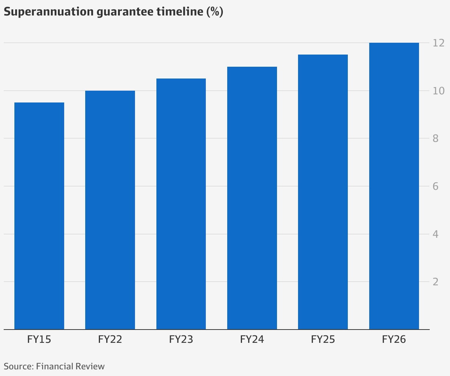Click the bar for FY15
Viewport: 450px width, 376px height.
pos(39,216)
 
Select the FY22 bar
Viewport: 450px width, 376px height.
pos(110,210)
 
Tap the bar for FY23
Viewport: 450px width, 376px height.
pos(181,204)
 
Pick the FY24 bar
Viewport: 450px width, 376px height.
pos(252,198)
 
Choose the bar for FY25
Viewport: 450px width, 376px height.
pos(323,192)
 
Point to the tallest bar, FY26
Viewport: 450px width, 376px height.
pos(394,186)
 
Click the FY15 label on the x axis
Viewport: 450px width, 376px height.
pos(39,339)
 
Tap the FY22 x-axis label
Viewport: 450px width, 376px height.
pos(110,339)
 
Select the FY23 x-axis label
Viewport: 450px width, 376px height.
pos(181,339)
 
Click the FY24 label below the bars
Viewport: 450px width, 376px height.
pos(252,339)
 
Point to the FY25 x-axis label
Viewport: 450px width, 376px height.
pos(323,339)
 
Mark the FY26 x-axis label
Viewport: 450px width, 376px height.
pos(394,339)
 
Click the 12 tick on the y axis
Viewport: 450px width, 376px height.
pos(439,43)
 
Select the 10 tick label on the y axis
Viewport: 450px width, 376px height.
pos(439,91)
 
